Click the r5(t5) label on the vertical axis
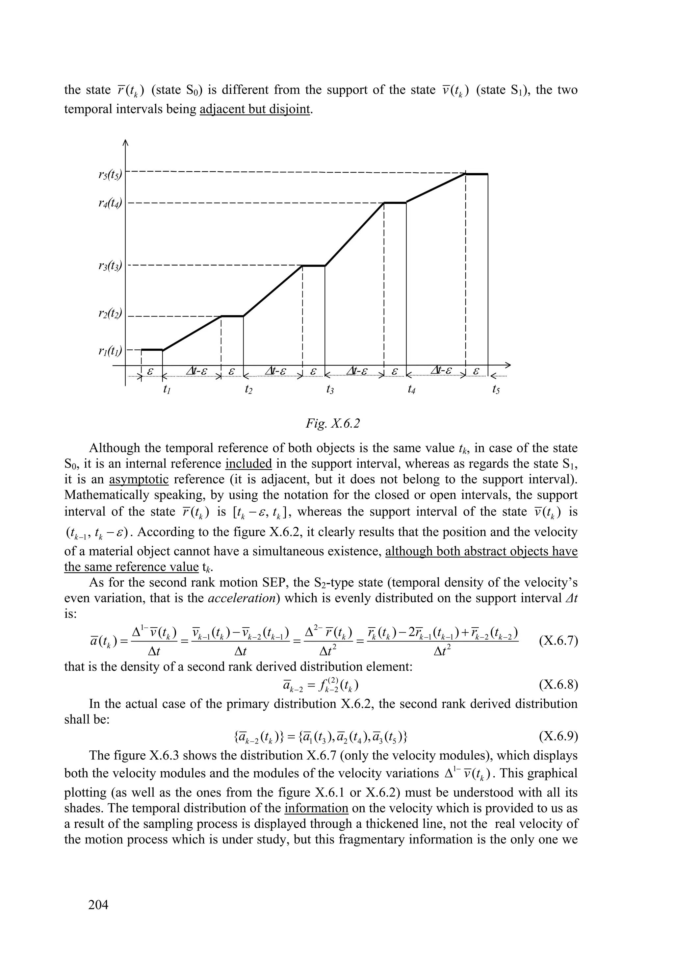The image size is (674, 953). [110, 175]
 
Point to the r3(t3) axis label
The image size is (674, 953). [110, 266]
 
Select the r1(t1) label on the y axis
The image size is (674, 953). [110, 352]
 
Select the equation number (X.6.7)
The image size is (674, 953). [558, 641]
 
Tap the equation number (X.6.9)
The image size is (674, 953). [558, 737]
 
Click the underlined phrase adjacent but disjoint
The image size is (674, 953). [255, 110]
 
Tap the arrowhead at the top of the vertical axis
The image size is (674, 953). [125, 143]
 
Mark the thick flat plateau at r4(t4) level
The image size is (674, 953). [395, 203]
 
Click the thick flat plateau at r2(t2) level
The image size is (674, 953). [232, 316]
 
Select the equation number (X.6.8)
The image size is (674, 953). [558, 685]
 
